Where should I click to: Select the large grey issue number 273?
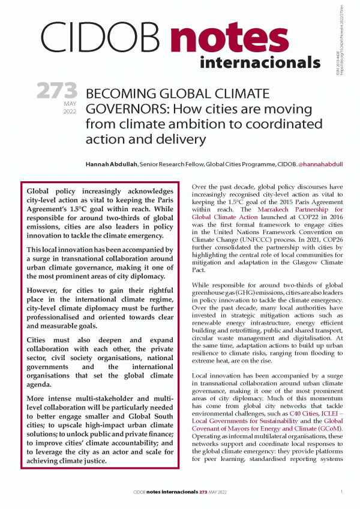tap(58, 92)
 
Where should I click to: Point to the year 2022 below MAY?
tap(70, 112)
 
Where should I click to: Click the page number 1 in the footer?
tap(341, 492)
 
